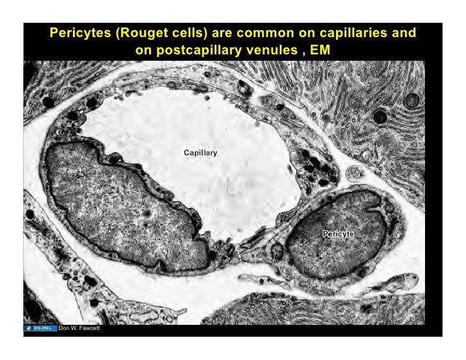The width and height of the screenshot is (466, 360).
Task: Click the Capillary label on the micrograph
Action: pyautogui.click(x=200, y=153)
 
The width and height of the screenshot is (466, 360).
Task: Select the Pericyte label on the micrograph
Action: pyautogui.click(x=338, y=234)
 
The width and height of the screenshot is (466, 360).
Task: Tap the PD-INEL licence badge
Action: pyautogui.click(x=42, y=329)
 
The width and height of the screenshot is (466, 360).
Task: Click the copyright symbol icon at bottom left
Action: pyautogui.click(x=29, y=329)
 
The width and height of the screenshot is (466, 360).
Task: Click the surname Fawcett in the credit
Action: pyautogui.click(x=86, y=329)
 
